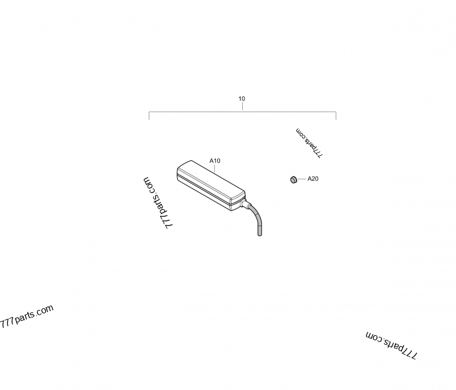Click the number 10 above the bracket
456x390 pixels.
click(x=242, y=99)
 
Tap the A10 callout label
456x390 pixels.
click(x=215, y=161)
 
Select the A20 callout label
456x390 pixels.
click(x=313, y=179)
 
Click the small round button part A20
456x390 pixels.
click(x=294, y=180)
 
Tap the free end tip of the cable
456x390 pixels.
click(x=259, y=234)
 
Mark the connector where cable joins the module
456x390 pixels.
click(x=244, y=203)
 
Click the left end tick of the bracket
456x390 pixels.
click(x=149, y=116)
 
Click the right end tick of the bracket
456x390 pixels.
click(x=336, y=116)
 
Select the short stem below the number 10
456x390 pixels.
click(x=242, y=107)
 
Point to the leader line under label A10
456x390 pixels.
click(x=215, y=168)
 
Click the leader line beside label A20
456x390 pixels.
click(x=302, y=179)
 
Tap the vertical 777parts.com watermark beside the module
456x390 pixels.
click(x=158, y=203)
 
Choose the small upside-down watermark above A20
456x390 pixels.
click(x=309, y=143)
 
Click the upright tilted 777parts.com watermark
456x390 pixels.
click(x=27, y=316)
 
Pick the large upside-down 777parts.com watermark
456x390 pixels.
click(x=391, y=345)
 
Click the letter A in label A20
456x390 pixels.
click(x=310, y=179)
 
